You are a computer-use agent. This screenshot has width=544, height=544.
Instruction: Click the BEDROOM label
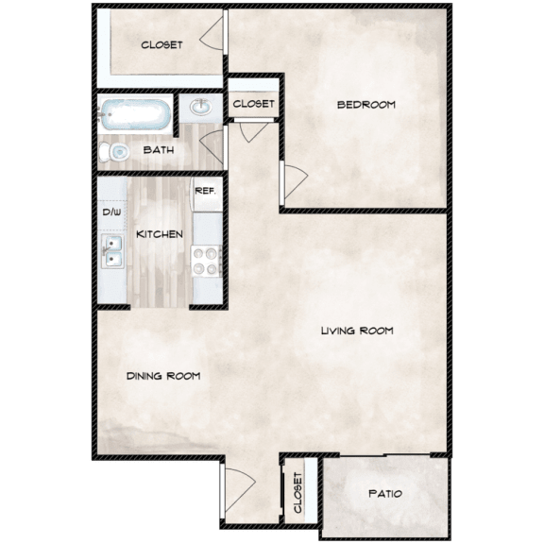point(365,104)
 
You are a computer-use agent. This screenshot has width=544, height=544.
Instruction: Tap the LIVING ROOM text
point(356,331)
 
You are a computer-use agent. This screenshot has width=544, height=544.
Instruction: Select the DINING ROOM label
point(163,376)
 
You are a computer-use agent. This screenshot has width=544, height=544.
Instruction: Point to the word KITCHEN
point(159,234)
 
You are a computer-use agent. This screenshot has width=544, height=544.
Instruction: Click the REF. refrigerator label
point(205,190)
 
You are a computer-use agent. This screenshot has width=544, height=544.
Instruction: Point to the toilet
point(116,152)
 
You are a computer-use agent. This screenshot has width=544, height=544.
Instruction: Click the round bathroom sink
point(201,109)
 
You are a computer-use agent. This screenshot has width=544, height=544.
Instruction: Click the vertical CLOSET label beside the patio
point(298,493)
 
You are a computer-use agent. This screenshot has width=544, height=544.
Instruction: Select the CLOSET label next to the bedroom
point(253,103)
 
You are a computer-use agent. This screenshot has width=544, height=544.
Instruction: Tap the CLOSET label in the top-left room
point(161,44)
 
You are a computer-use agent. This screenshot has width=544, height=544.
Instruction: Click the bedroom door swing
point(292,178)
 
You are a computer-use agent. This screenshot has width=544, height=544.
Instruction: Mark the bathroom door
point(215,149)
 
